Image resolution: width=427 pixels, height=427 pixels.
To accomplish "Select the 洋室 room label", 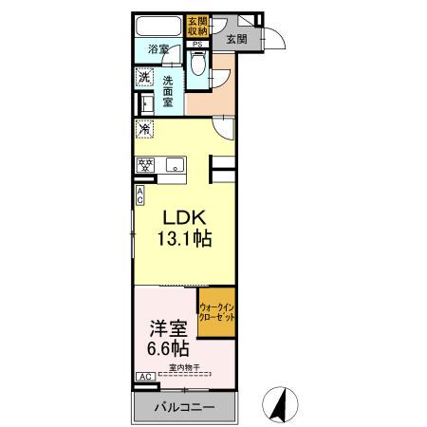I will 165,328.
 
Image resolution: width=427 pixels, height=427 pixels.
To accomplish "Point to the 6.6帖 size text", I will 165,349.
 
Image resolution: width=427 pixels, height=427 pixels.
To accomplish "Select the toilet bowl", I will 197,66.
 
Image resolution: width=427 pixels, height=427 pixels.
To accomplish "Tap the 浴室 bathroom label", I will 158,50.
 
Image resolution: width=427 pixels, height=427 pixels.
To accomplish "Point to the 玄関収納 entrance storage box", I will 196,27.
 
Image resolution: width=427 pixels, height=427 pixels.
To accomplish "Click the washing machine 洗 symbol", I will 144,77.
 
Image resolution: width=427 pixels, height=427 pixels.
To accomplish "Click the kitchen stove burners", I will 146,164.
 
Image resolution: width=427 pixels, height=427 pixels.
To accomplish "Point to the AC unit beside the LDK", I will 140,195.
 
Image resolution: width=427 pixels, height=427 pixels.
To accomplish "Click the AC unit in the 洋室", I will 145,378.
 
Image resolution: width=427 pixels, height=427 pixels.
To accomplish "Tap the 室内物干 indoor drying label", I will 186,367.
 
